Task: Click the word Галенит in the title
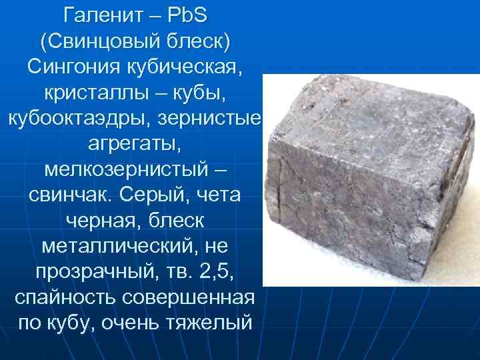coord(103,14)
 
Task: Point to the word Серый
coord(152,196)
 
